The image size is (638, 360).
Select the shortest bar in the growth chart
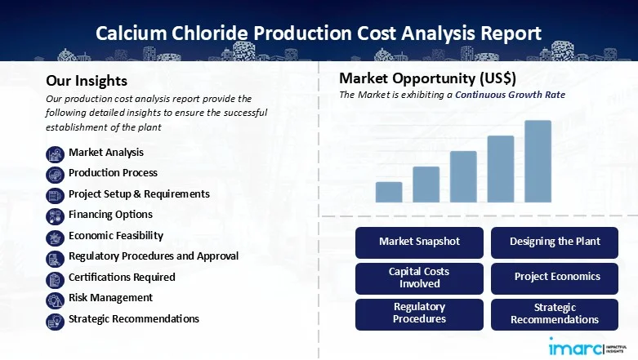(389, 192)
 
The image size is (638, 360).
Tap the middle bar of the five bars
(463, 176)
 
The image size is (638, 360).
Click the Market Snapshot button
(420, 242)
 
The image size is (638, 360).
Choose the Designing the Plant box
(555, 242)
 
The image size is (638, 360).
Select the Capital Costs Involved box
(420, 278)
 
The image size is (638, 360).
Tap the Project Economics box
(555, 278)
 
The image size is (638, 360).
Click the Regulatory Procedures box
(420, 313)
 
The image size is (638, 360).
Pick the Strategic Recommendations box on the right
(555, 313)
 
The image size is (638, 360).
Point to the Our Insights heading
(87, 81)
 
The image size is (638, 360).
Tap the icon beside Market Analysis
(55, 153)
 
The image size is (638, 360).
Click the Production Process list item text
(113, 173)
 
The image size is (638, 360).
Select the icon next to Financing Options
(55, 216)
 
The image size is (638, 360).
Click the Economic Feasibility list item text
(116, 235)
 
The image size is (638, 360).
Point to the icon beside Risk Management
(55, 299)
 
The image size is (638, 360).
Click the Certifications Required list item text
(122, 277)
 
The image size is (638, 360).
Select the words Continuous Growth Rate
(510, 96)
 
